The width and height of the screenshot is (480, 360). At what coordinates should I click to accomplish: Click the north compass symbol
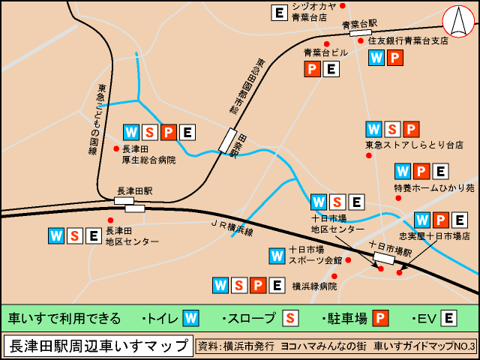[x=457, y=20]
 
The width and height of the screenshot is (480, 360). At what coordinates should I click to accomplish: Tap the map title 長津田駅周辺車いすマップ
[x=97, y=346]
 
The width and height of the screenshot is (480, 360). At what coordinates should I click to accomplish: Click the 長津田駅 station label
[x=135, y=190]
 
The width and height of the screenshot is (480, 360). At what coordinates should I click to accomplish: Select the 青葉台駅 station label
[x=358, y=24]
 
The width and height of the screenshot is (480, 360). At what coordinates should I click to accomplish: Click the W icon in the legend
[x=190, y=318]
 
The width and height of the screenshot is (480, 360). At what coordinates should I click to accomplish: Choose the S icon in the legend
[x=290, y=318]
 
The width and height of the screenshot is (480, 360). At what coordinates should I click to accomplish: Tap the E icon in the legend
[x=448, y=318]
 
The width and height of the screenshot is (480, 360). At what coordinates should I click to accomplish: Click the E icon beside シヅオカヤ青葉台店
[x=279, y=12]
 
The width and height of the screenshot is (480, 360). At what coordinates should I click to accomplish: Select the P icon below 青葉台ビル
[x=312, y=69]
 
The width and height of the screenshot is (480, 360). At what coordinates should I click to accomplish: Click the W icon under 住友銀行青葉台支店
[x=376, y=57]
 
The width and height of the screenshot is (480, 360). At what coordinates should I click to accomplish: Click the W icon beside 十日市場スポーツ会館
[x=277, y=256]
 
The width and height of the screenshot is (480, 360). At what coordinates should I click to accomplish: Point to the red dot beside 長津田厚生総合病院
[x=116, y=148]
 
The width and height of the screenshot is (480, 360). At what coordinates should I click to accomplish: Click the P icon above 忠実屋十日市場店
[x=441, y=220]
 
